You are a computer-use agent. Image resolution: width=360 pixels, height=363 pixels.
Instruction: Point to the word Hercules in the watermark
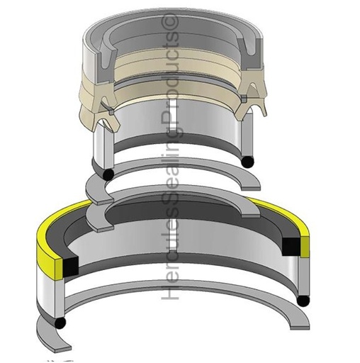(x=170, y=255)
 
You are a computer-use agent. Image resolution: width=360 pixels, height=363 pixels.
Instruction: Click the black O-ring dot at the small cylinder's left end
(x=108, y=174)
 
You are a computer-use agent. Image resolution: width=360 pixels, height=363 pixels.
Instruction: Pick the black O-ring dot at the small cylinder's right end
(x=247, y=162)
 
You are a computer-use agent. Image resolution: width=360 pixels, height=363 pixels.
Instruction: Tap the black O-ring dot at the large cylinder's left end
(x=60, y=323)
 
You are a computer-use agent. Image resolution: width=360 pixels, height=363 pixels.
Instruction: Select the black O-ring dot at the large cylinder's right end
(x=303, y=301)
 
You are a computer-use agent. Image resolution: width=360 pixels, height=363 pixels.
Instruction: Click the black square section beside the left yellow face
(x=70, y=267)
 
